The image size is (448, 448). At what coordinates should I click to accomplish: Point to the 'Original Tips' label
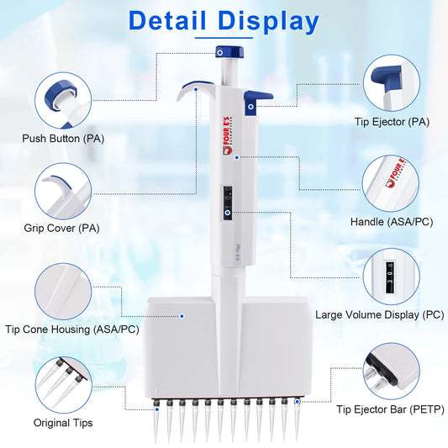click(62, 422)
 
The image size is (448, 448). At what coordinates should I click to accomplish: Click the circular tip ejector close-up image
click(391, 82)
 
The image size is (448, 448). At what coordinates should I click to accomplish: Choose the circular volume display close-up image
click(391, 273)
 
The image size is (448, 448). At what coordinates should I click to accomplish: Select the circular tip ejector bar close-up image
click(391, 370)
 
